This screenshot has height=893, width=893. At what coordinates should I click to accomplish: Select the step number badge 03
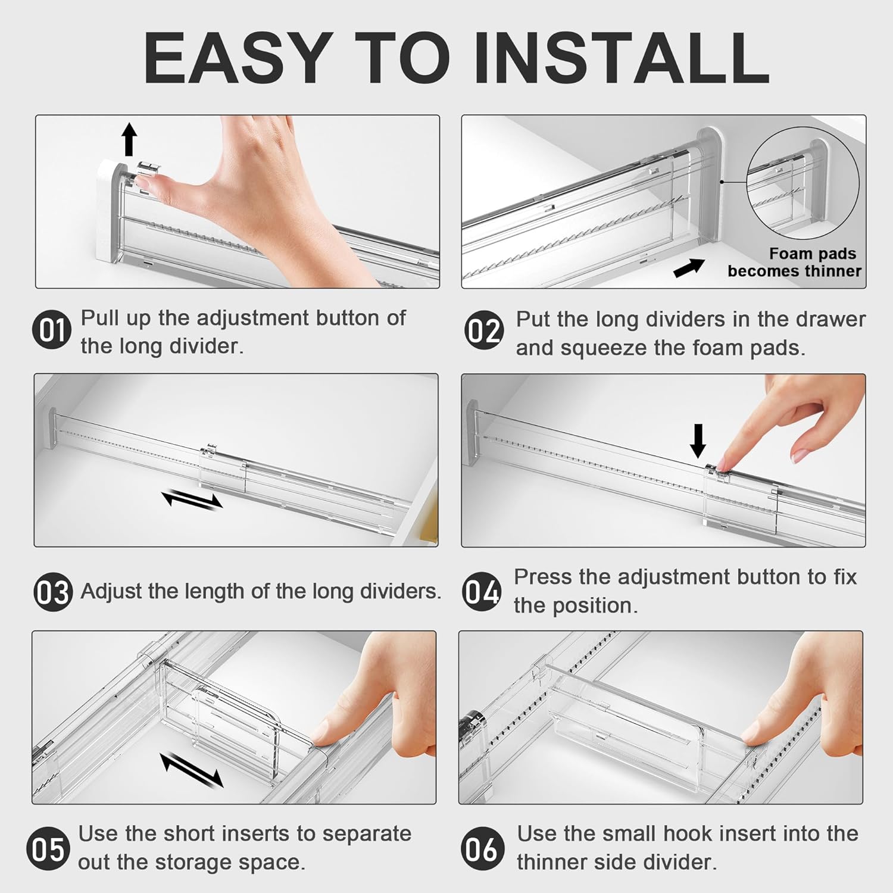(x=53, y=592)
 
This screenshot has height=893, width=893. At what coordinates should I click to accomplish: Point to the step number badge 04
(x=481, y=592)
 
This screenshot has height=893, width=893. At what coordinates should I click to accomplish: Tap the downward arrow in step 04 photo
(x=699, y=441)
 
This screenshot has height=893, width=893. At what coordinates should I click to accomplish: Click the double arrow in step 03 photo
(x=192, y=499)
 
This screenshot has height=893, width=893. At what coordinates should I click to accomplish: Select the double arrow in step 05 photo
(x=192, y=769)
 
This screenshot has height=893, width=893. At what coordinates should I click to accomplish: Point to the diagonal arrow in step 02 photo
(x=689, y=268)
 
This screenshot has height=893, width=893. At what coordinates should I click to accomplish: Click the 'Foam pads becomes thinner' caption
(x=794, y=263)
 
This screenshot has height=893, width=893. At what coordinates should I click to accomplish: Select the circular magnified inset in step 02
(x=803, y=183)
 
